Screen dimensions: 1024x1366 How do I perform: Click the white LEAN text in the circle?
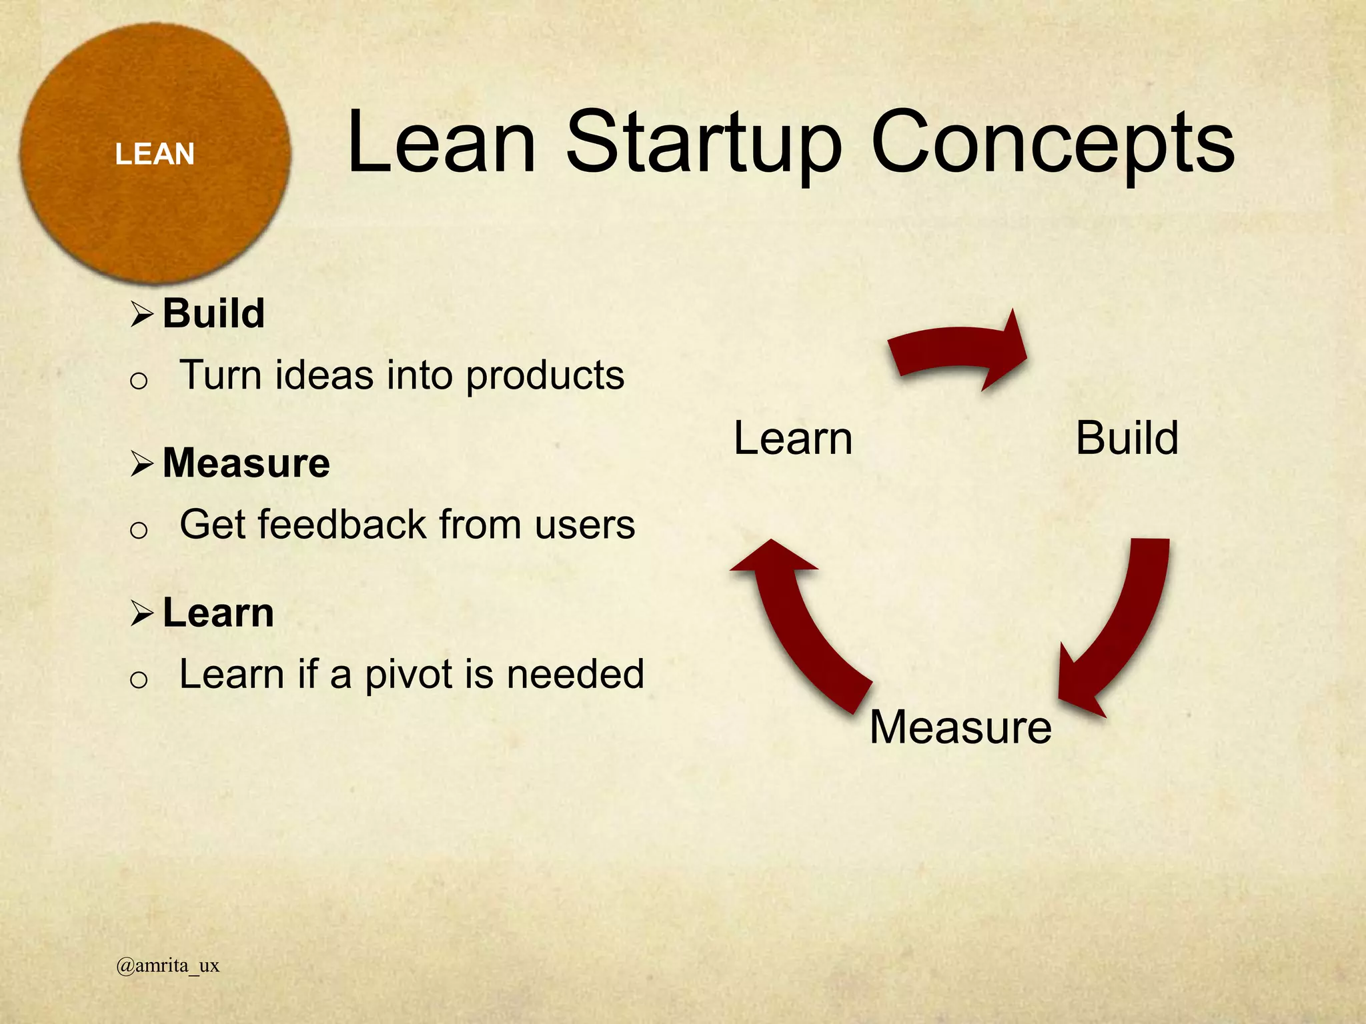click(154, 154)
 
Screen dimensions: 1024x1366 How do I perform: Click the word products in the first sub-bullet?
click(544, 376)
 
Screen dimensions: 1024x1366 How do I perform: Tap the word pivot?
click(410, 675)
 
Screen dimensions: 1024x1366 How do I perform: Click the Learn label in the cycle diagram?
click(793, 439)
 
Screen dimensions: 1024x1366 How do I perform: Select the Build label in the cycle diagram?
click(1127, 439)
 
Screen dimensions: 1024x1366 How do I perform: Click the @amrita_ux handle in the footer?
click(167, 965)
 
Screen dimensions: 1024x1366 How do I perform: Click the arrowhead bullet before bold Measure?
click(142, 463)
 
